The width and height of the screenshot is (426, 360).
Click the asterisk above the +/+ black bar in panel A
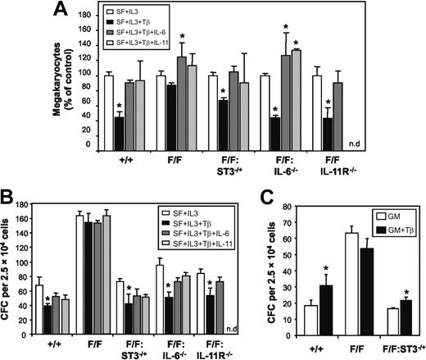point(119,107)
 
